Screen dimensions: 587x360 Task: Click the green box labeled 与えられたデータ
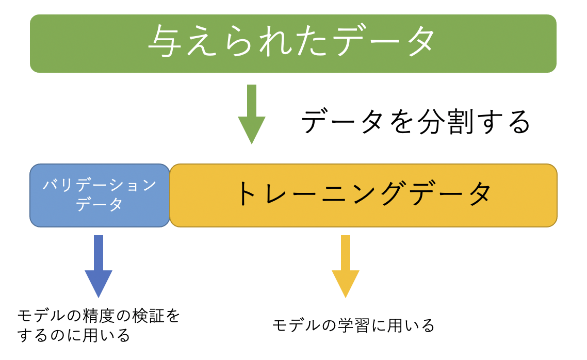293,43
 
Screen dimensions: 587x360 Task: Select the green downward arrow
252,114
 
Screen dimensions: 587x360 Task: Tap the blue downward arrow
99,266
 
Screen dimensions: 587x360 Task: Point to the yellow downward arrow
346,266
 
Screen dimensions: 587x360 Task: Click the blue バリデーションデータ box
100,195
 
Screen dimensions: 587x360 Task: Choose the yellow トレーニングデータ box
364,195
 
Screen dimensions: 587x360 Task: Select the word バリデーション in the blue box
100,185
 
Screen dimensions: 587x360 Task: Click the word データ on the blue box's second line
99,204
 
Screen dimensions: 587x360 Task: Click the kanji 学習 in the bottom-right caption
354,325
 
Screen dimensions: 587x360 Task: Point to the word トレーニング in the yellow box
322,193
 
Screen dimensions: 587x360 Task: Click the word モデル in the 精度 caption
41,316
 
